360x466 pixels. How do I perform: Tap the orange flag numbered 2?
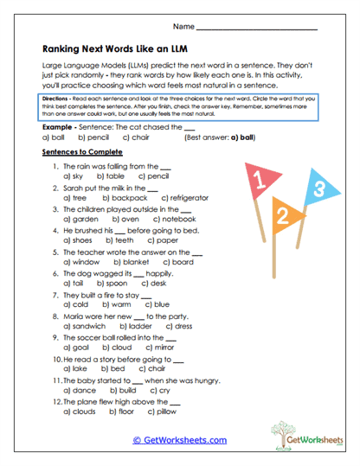(280, 213)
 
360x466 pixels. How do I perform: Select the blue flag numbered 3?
(318, 188)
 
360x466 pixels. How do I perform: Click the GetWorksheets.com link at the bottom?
(179, 439)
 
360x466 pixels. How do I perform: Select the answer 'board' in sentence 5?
(183, 261)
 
